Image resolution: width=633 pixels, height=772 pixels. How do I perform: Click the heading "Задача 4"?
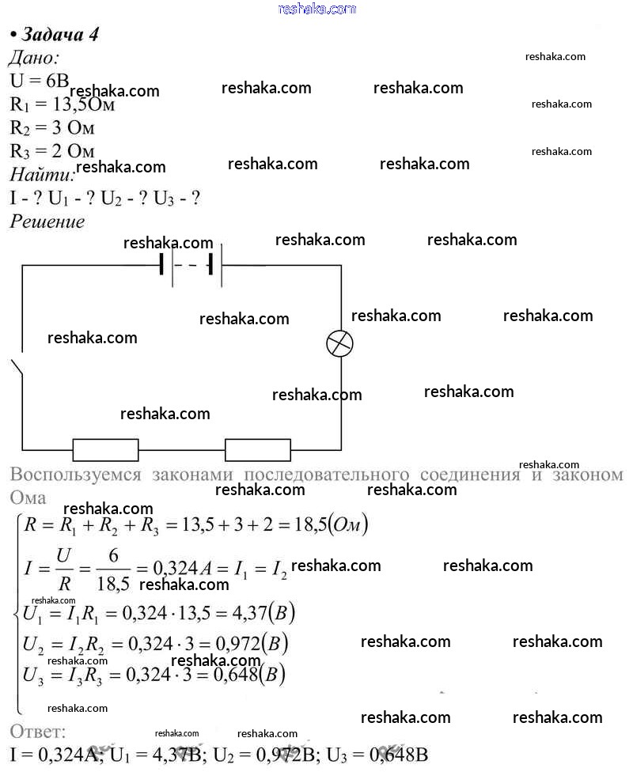[x=59, y=35]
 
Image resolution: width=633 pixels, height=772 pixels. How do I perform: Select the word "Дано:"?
[x=34, y=58]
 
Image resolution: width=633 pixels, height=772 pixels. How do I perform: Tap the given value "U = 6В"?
[x=40, y=81]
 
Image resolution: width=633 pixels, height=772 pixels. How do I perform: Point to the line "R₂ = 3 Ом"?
[x=52, y=127]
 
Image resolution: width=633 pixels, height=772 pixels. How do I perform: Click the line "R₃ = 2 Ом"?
[x=52, y=150]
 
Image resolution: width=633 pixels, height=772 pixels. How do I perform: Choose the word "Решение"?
[x=47, y=221]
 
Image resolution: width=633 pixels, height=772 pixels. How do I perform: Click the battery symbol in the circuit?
[x=191, y=265]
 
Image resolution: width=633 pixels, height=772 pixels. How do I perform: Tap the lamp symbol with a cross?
[x=340, y=343]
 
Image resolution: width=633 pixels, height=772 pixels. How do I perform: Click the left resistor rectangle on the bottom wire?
[x=105, y=449]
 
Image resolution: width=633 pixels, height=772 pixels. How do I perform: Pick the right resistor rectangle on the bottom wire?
[x=258, y=449]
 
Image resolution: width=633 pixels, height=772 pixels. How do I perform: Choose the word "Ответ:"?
[x=39, y=730]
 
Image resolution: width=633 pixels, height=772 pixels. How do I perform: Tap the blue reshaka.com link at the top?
[x=317, y=9]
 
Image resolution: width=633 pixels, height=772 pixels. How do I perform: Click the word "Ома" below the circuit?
[x=28, y=498]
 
